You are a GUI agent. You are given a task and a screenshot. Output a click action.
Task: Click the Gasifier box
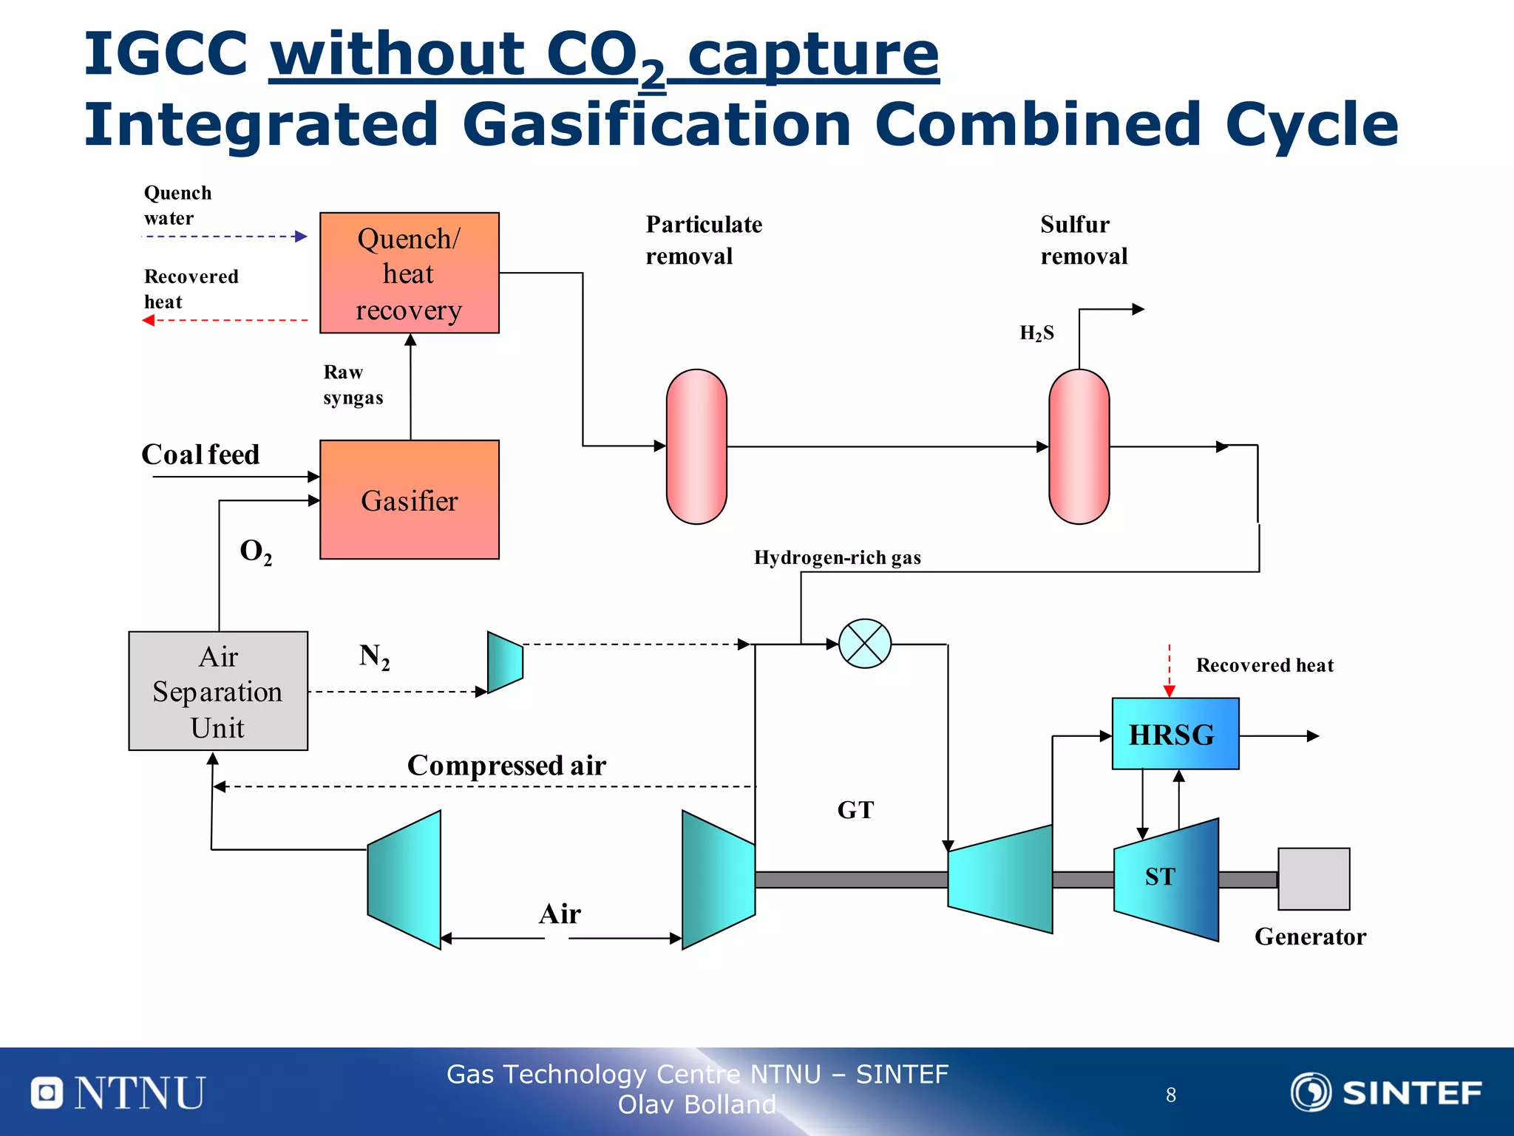tap(409, 500)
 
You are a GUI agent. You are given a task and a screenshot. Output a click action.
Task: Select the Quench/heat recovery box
tap(409, 273)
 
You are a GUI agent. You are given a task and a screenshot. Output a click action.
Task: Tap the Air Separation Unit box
tap(218, 691)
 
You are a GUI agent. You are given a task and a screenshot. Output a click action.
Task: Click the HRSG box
tap(1175, 734)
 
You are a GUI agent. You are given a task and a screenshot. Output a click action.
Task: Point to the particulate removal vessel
tap(696, 446)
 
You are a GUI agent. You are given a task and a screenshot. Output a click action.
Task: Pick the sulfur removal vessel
tap(1079, 446)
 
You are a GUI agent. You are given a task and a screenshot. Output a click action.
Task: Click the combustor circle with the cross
tap(864, 644)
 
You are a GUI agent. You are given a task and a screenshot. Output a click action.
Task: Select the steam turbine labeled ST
tap(1165, 879)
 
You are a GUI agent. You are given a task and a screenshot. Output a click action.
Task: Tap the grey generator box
tap(1313, 879)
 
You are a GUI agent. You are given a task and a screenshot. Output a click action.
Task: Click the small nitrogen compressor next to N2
tap(505, 662)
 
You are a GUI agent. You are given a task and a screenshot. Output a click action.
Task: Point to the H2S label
tap(1036, 333)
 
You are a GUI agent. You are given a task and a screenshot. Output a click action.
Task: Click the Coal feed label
tap(200, 455)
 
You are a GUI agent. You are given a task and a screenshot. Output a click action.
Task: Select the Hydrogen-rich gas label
tap(837, 557)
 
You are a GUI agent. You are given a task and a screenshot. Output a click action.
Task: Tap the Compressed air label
tap(506, 765)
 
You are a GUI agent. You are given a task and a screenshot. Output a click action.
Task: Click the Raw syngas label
tap(353, 384)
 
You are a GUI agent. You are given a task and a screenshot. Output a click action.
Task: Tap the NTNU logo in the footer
tap(118, 1092)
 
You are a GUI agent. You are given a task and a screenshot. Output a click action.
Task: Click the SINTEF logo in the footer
tap(1386, 1092)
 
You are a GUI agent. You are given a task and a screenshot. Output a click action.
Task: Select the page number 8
tap(1170, 1095)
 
